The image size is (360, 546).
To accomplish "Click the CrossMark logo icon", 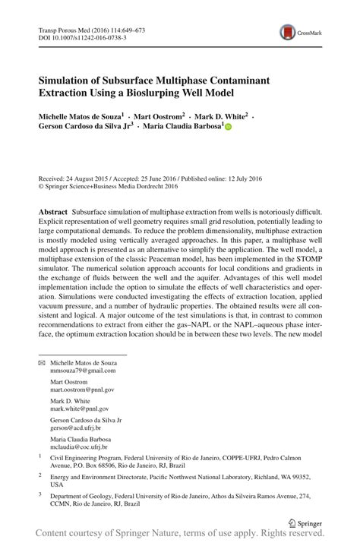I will coord(289,32).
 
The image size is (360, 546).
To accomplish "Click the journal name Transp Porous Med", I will coord(63,28).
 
